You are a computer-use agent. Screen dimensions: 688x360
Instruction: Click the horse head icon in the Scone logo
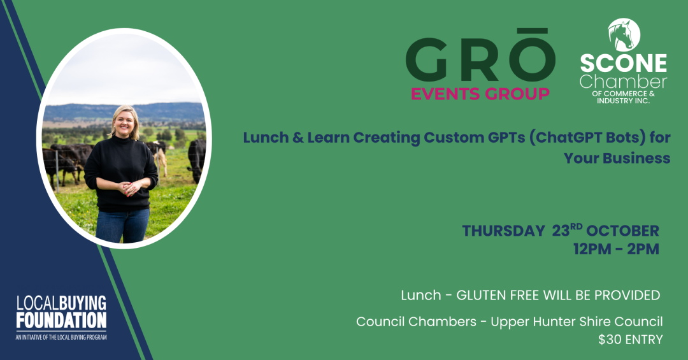(x=624, y=34)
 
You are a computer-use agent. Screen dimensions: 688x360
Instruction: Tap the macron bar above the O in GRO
(x=531, y=31)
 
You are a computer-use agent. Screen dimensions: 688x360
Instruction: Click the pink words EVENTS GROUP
(x=480, y=94)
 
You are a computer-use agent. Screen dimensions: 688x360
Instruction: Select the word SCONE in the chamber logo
(x=624, y=63)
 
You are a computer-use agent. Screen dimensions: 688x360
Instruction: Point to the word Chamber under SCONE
(x=623, y=82)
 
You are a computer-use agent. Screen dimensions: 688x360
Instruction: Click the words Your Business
(x=617, y=158)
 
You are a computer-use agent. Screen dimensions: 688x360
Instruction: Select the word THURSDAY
(x=503, y=231)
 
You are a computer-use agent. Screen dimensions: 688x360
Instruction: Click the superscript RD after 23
(x=576, y=227)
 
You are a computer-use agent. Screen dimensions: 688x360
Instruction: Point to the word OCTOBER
(x=622, y=231)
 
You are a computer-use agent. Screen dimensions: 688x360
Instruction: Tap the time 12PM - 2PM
(x=616, y=249)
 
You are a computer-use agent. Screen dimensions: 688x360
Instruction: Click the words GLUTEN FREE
(x=498, y=295)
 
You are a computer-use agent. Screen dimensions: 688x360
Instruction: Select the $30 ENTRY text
(x=631, y=340)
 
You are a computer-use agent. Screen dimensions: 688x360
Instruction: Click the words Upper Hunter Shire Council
(x=577, y=322)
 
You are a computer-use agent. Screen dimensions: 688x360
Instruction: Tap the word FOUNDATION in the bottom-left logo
(x=61, y=320)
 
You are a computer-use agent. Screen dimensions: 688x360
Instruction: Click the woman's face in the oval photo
(x=125, y=122)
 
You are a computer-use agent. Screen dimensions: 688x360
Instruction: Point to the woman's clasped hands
(x=128, y=188)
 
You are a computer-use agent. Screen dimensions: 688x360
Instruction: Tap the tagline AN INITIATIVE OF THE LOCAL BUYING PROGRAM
(x=61, y=337)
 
